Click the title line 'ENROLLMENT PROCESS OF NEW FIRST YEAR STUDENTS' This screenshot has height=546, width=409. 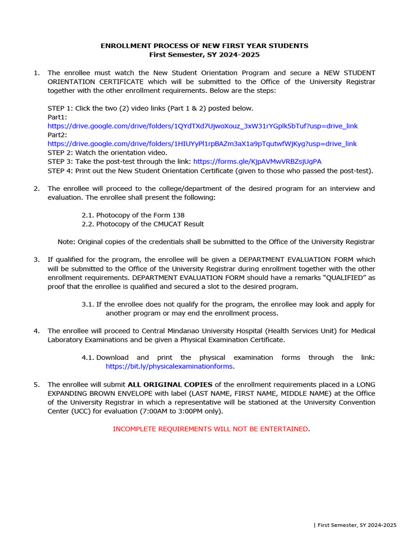[204, 46]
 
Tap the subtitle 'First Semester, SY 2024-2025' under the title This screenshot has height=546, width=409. [204, 54]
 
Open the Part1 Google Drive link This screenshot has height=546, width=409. [202, 126]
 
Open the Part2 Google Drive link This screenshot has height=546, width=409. [202, 143]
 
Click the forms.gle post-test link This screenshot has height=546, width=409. [257, 161]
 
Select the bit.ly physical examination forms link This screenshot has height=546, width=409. [169, 366]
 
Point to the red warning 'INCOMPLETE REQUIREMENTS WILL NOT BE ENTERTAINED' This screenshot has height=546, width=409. [210, 429]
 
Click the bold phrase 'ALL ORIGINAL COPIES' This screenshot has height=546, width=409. [170, 384]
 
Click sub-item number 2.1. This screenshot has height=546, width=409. [87, 215]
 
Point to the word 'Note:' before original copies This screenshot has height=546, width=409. [67, 242]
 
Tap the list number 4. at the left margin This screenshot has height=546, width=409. [37, 331]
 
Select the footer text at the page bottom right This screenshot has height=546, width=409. [355, 525]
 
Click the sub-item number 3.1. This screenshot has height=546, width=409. [87, 304]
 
